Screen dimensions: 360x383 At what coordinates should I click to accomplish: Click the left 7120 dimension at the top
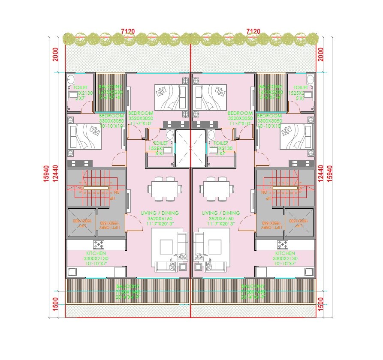coord(128,31)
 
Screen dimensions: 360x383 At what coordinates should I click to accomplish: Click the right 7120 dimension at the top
coord(254,31)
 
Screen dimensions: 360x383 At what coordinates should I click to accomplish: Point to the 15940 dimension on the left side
coord(46,174)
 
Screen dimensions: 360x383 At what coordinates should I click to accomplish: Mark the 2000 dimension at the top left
coord(55,54)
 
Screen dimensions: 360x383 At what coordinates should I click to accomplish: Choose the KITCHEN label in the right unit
coord(285,253)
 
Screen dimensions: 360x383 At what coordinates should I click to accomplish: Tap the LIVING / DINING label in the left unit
coord(160,213)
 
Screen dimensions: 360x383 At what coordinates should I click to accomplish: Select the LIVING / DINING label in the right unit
coord(221,213)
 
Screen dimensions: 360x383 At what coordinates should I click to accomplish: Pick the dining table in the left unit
coord(163,189)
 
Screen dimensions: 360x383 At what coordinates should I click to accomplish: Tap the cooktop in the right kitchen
coord(283,245)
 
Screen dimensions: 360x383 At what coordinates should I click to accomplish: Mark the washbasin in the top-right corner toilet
coord(310,79)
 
